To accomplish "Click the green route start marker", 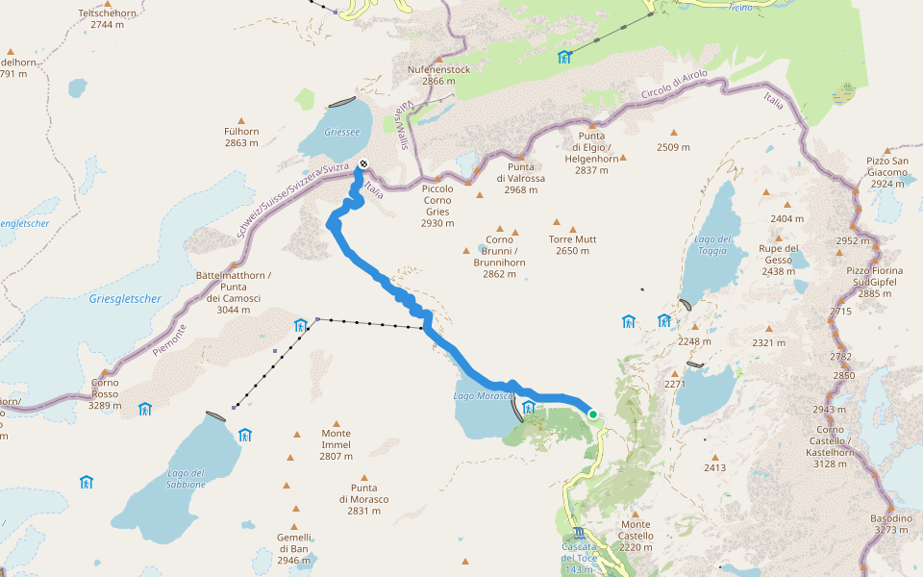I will click(x=593, y=414).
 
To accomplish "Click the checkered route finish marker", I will click(x=363, y=163).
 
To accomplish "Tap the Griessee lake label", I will click(x=341, y=132).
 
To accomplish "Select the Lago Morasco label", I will click(x=480, y=396).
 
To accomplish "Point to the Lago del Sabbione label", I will click(x=186, y=478).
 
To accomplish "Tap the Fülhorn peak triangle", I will click(x=241, y=120).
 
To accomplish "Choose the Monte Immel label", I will click(x=337, y=444).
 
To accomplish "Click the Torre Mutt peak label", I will click(x=573, y=244).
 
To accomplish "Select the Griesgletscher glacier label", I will click(x=125, y=299).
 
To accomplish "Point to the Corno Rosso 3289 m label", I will click(x=105, y=393).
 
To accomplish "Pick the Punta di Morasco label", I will click(x=363, y=498).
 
